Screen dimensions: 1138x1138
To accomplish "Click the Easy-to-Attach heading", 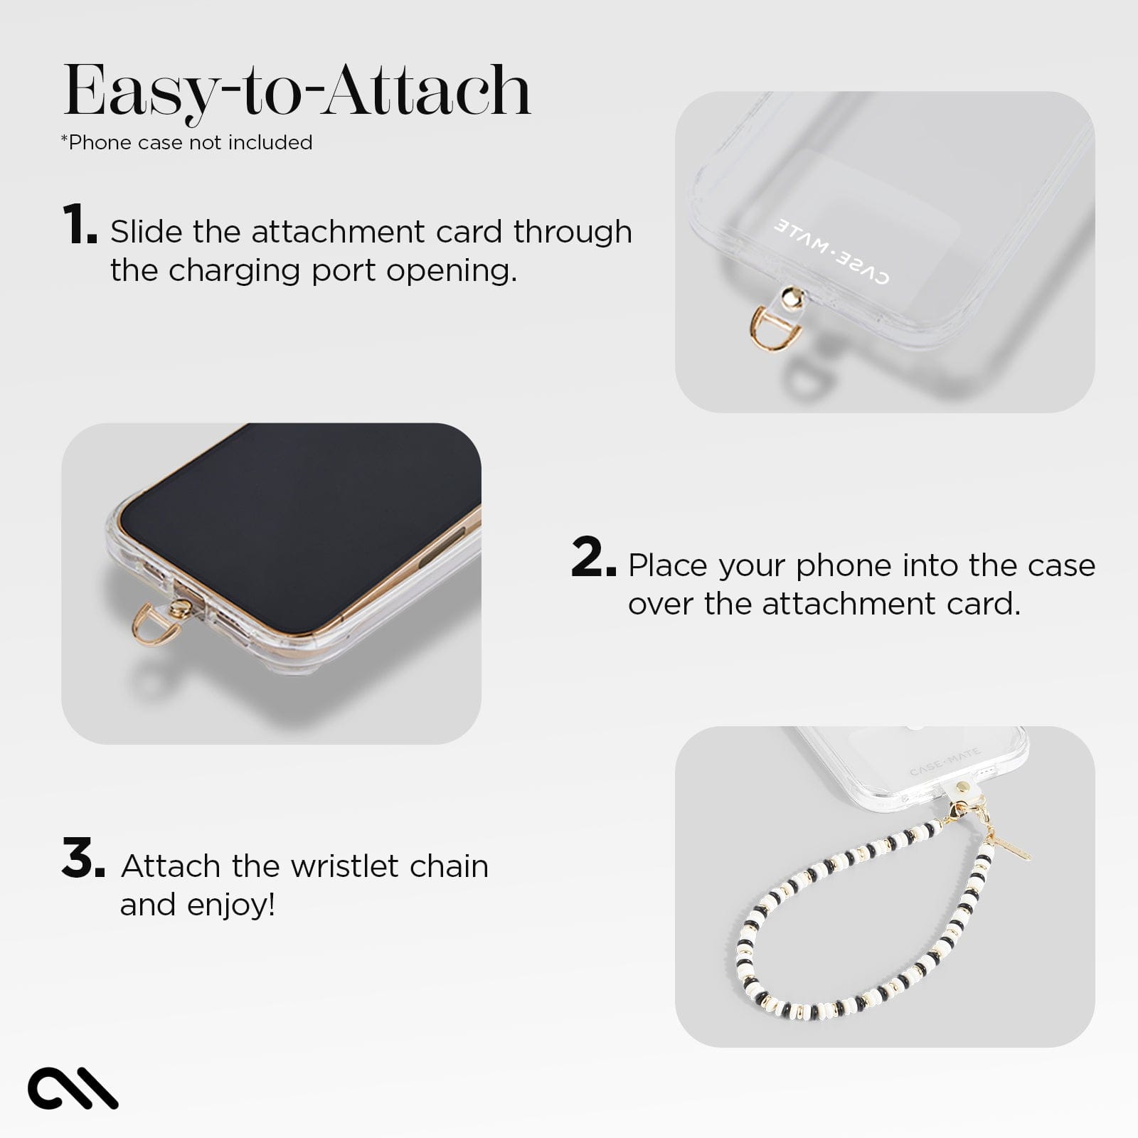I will tap(297, 91).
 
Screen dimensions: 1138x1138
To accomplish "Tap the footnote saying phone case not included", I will tap(186, 142).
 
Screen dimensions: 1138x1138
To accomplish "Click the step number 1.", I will tap(78, 225).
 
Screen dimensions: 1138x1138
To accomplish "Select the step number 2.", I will tap(592, 559).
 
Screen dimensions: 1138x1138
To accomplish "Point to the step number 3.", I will tap(83, 859).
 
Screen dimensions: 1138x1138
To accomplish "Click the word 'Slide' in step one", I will tap(147, 232).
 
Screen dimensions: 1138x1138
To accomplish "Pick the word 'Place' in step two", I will tap(668, 565).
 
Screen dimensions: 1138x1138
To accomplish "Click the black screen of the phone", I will tap(299, 512).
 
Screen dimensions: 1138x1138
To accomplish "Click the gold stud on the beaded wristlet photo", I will tap(964, 787).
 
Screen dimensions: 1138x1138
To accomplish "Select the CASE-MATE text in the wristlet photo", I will tap(945, 761).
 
